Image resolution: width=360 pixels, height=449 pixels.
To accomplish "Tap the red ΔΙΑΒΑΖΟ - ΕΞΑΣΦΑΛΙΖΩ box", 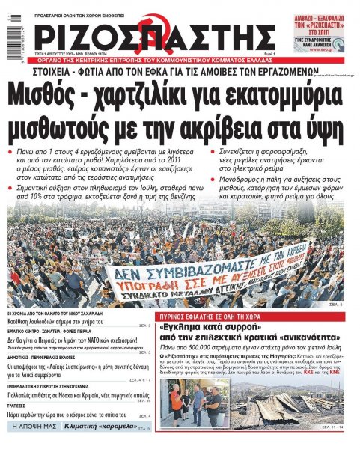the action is pos(329,16).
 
